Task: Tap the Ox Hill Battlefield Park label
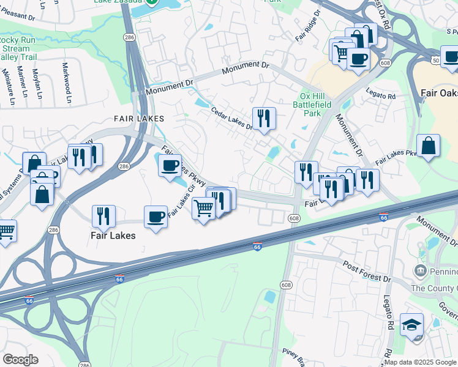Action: [x=316, y=105]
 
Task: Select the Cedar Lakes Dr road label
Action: [x=231, y=119]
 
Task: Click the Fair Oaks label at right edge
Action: [x=439, y=94]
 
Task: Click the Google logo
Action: [x=20, y=360]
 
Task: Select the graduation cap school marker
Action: [x=411, y=325]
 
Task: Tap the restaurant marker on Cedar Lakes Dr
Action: [x=264, y=117]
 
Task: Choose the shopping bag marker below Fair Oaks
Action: [x=428, y=146]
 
